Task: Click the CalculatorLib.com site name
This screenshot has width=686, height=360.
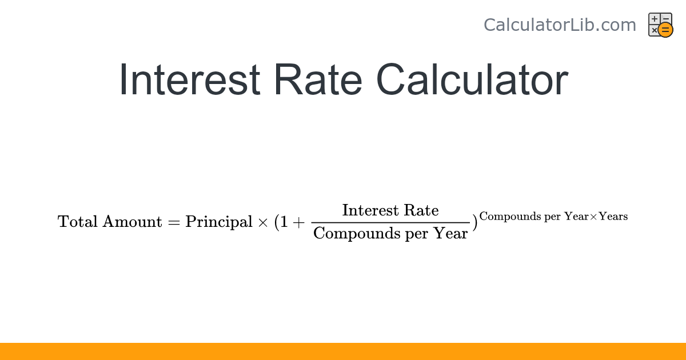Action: click(560, 25)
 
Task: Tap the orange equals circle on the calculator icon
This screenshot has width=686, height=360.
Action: click(665, 30)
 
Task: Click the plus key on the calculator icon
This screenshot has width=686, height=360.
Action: click(655, 19)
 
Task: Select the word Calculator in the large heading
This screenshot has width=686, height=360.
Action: click(472, 80)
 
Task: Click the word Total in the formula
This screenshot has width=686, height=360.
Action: click(78, 222)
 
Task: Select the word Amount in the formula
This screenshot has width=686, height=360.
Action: click(132, 222)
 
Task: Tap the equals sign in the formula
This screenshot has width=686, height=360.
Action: click(174, 222)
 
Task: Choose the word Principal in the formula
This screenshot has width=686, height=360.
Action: click(218, 222)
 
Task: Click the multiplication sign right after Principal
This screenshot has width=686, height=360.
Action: click(263, 222)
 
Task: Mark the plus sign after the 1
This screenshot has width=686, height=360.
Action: click(299, 222)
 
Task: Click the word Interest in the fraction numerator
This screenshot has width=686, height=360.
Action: click(370, 210)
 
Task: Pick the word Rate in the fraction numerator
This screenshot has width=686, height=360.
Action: click(421, 210)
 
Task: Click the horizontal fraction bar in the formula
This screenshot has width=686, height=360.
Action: click(390, 222)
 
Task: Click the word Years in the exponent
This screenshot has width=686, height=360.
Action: click(613, 217)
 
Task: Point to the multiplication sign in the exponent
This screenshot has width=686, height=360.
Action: click(593, 217)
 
